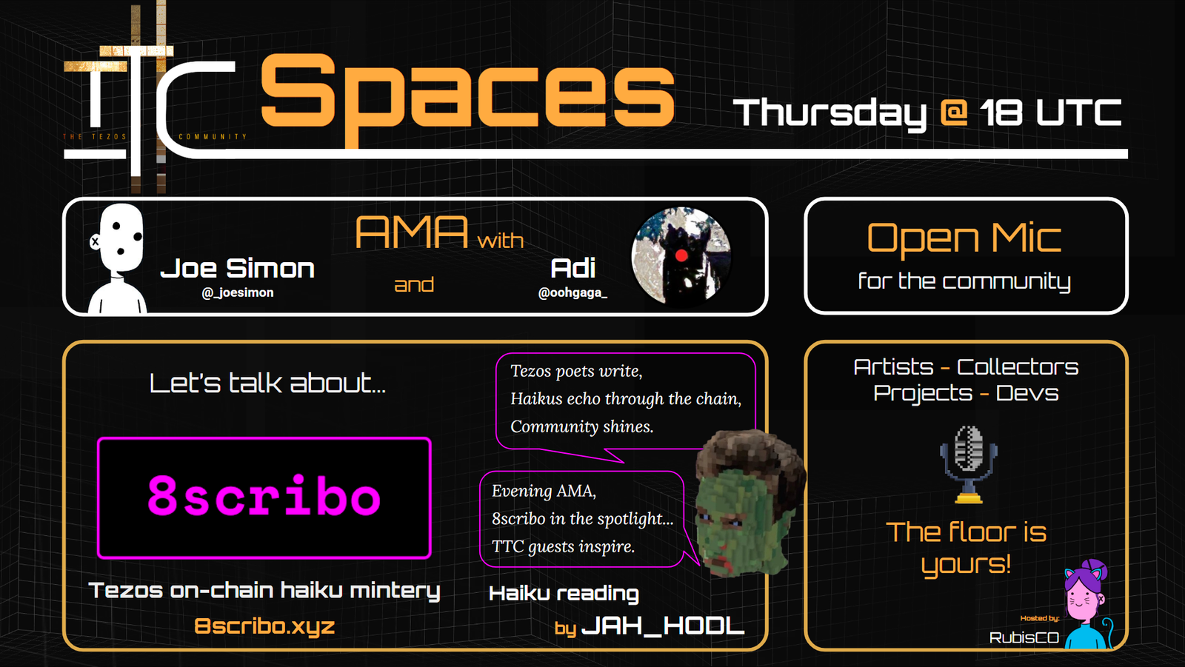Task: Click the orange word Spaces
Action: point(467,95)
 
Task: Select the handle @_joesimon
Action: point(238,292)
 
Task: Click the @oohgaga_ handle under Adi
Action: point(573,292)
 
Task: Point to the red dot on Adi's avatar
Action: point(681,256)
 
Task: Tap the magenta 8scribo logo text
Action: point(264,495)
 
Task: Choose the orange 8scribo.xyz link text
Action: point(264,626)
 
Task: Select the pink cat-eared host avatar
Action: point(1087,604)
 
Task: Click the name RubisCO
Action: point(1024,638)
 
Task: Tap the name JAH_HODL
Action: point(663,626)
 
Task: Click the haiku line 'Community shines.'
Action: point(582,426)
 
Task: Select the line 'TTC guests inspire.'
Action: point(563,546)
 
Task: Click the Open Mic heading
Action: point(964,238)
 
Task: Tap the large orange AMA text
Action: point(412,232)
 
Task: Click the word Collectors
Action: point(1018,367)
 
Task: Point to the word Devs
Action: point(1027,394)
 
